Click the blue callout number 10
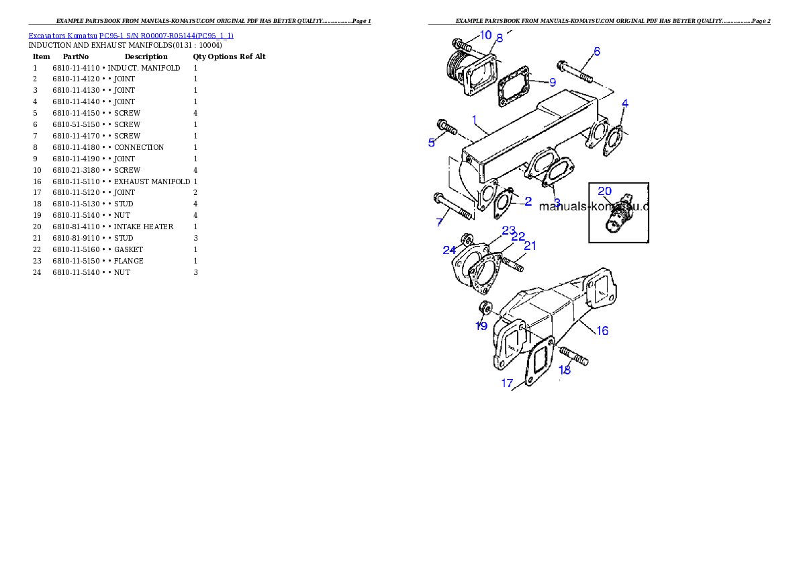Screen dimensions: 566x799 pos(485,35)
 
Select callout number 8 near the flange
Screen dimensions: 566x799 pos(499,39)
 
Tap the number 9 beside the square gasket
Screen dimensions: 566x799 pos(552,83)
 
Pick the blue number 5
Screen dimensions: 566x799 pos(432,142)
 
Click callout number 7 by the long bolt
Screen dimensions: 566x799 pos(440,222)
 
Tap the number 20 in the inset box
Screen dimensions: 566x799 pos(604,191)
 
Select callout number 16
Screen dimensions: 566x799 pos(602,331)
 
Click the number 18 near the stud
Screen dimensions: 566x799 pos(565,370)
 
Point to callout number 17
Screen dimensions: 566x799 pos(507,383)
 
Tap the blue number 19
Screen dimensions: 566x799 pos(481,326)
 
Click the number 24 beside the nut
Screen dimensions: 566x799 pos(449,250)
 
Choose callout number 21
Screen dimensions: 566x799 pos(530,246)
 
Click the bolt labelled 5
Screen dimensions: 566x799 pos(446,126)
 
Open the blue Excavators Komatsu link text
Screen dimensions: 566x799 pos(131,36)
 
